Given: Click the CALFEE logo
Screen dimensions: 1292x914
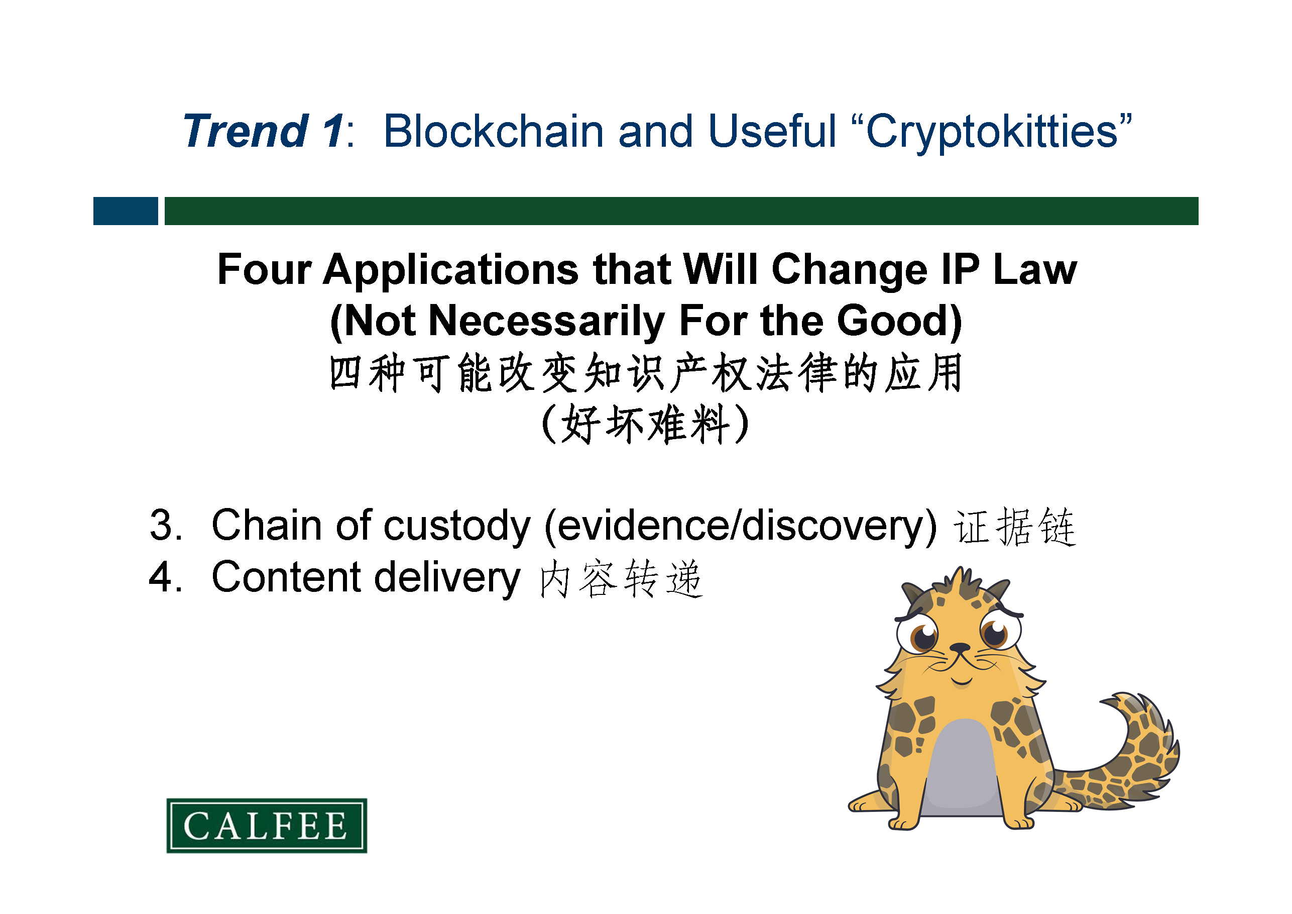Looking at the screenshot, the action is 267,825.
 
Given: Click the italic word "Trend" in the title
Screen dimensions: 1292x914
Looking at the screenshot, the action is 246,131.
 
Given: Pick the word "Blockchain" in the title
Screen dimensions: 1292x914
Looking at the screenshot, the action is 494,131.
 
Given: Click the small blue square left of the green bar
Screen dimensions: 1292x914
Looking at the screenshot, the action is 126,211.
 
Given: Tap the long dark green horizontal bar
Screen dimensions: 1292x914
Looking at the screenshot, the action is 681,211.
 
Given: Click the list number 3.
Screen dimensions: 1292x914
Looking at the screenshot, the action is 166,525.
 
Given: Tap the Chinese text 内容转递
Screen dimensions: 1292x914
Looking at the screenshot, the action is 621,578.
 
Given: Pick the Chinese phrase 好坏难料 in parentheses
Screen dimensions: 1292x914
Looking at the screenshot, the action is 646,424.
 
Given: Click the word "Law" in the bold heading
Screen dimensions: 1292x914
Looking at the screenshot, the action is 1035,270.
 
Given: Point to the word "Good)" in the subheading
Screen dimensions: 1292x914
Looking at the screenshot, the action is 899,322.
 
